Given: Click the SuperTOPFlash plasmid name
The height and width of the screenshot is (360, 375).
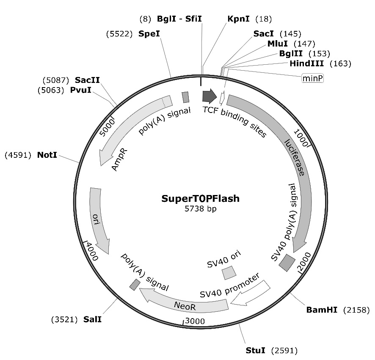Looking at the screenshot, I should point(200,198).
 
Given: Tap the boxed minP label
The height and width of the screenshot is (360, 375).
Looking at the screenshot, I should point(312,78).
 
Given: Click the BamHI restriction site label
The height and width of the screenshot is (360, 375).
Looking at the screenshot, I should point(321,310).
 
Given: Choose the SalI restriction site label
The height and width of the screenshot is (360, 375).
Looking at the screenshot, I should point(92,319).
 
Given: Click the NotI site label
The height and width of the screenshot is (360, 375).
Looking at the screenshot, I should point(47,155).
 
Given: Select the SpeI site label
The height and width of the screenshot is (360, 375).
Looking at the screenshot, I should point(149,33).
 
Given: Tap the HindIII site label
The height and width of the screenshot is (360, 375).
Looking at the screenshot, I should point(306,63).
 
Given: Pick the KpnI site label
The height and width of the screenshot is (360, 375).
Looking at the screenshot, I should point(238,19).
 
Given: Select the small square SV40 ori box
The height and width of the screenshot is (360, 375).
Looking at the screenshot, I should point(229,272).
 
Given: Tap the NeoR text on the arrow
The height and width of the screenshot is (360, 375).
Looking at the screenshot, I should point(183,304).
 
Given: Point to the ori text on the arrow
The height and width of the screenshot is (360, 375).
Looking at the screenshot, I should point(96,220).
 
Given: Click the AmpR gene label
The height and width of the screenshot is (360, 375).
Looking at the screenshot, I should point(120,160).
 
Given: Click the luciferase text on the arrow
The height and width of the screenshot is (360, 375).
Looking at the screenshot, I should point(294,157).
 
